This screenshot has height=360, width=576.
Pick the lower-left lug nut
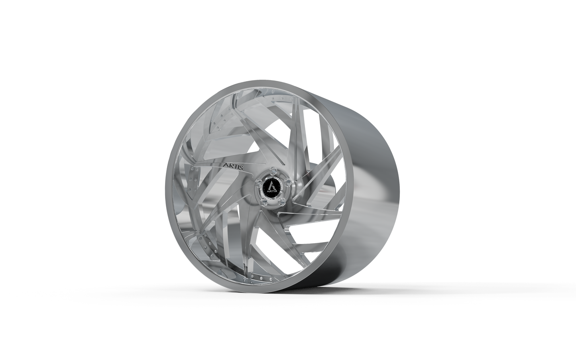coord(263,202)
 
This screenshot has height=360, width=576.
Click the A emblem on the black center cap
coord(271,185)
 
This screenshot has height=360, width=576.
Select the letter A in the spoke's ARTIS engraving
coord(224,164)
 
